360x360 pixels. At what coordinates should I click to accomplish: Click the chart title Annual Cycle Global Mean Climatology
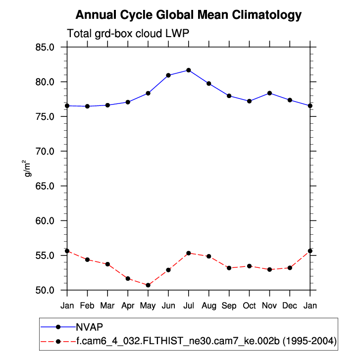189,15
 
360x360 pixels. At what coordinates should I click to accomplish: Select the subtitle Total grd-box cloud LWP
128,34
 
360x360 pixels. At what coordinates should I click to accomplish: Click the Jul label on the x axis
189,306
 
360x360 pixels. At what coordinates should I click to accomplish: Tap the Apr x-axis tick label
128,306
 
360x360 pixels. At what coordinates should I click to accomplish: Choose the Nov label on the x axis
269,306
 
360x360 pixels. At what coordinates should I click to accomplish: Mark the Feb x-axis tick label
87,306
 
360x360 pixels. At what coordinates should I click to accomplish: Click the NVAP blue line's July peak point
189,70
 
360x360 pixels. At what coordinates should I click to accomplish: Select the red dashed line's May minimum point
148,285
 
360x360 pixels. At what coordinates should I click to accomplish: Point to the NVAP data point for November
269,93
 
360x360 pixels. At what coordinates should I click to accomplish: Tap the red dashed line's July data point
189,253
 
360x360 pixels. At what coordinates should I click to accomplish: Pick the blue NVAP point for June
168,75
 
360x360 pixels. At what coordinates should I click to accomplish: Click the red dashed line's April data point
128,279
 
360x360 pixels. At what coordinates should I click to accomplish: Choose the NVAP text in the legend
89,327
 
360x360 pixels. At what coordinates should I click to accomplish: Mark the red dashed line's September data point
229,268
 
